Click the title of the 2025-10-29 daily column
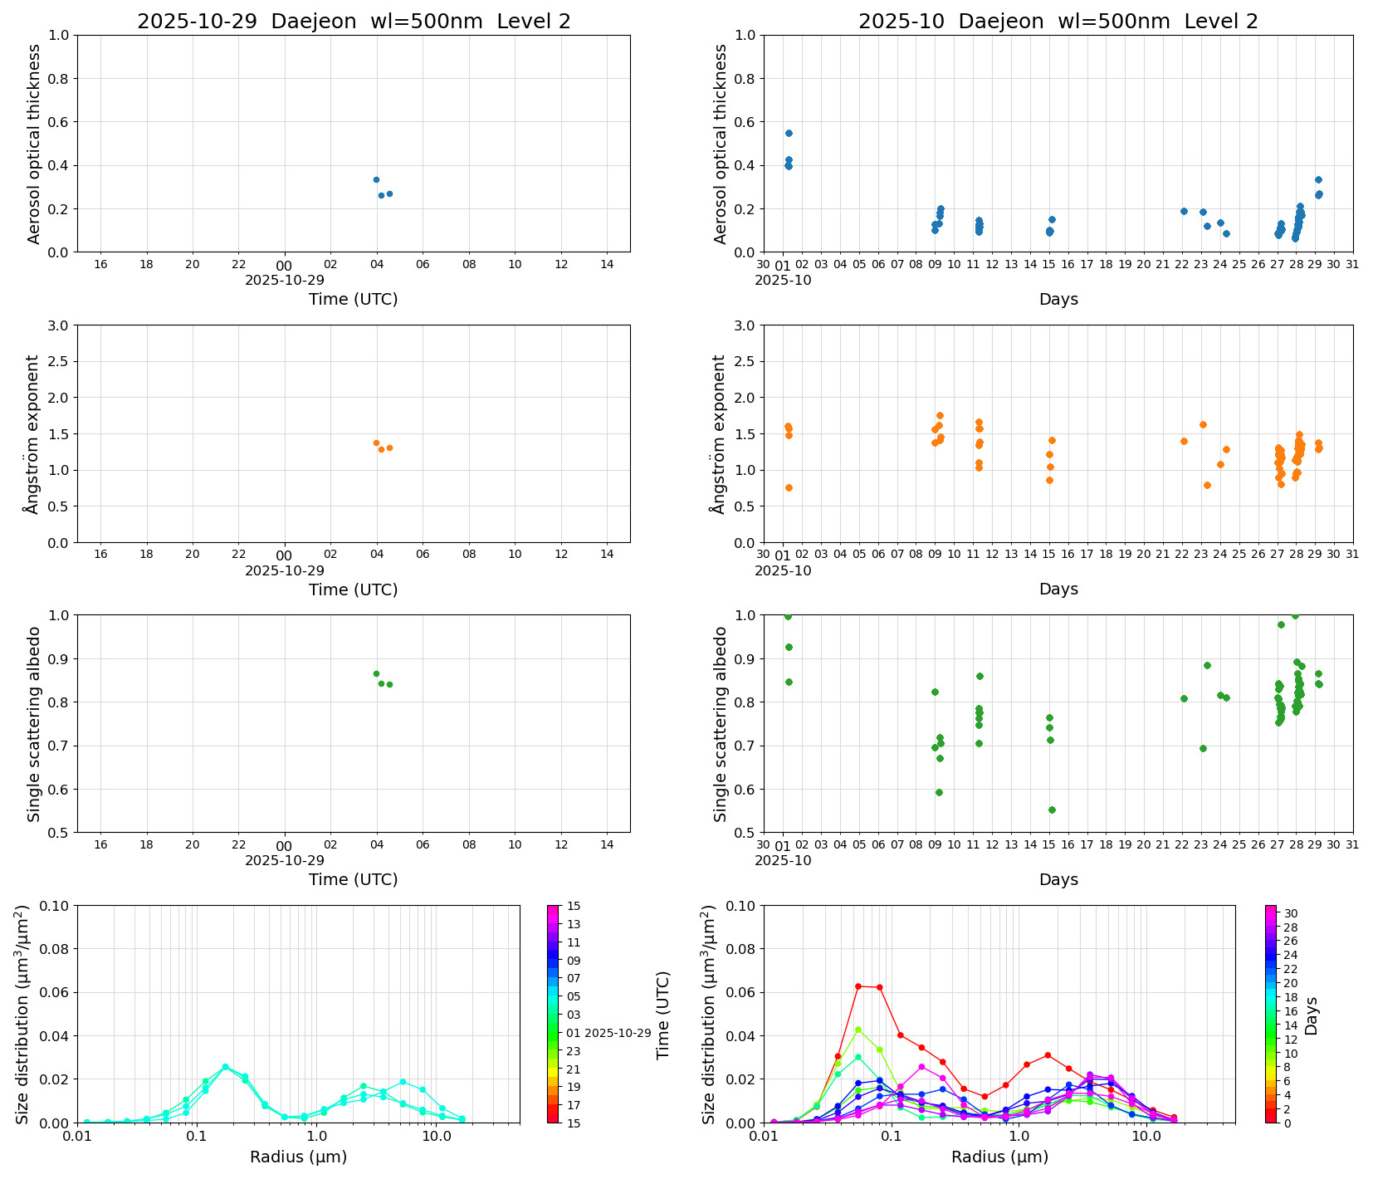pyautogui.click(x=354, y=22)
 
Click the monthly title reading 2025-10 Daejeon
pyautogui.click(x=1058, y=22)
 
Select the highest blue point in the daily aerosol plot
pyautogui.click(x=376, y=179)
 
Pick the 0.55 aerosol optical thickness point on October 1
pyautogui.click(x=789, y=133)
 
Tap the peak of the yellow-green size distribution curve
pyautogui.click(x=858, y=1030)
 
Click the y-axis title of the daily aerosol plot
pyautogui.click(x=34, y=144)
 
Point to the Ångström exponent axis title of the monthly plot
pyautogui.click(x=719, y=433)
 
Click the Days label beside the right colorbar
pyautogui.click(x=1312, y=1015)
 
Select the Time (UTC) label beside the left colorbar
pyautogui.click(x=662, y=1015)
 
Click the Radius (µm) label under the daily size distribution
pyautogui.click(x=298, y=1157)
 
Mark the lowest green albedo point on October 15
pyautogui.click(x=1052, y=810)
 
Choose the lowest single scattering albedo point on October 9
pyautogui.click(x=939, y=792)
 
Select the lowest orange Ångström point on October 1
pyautogui.click(x=789, y=487)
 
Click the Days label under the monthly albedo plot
pyautogui.click(x=1058, y=879)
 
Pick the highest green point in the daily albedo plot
pyautogui.click(x=376, y=673)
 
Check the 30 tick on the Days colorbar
pyautogui.click(x=1291, y=913)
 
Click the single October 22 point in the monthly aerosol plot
pyautogui.click(x=1184, y=211)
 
